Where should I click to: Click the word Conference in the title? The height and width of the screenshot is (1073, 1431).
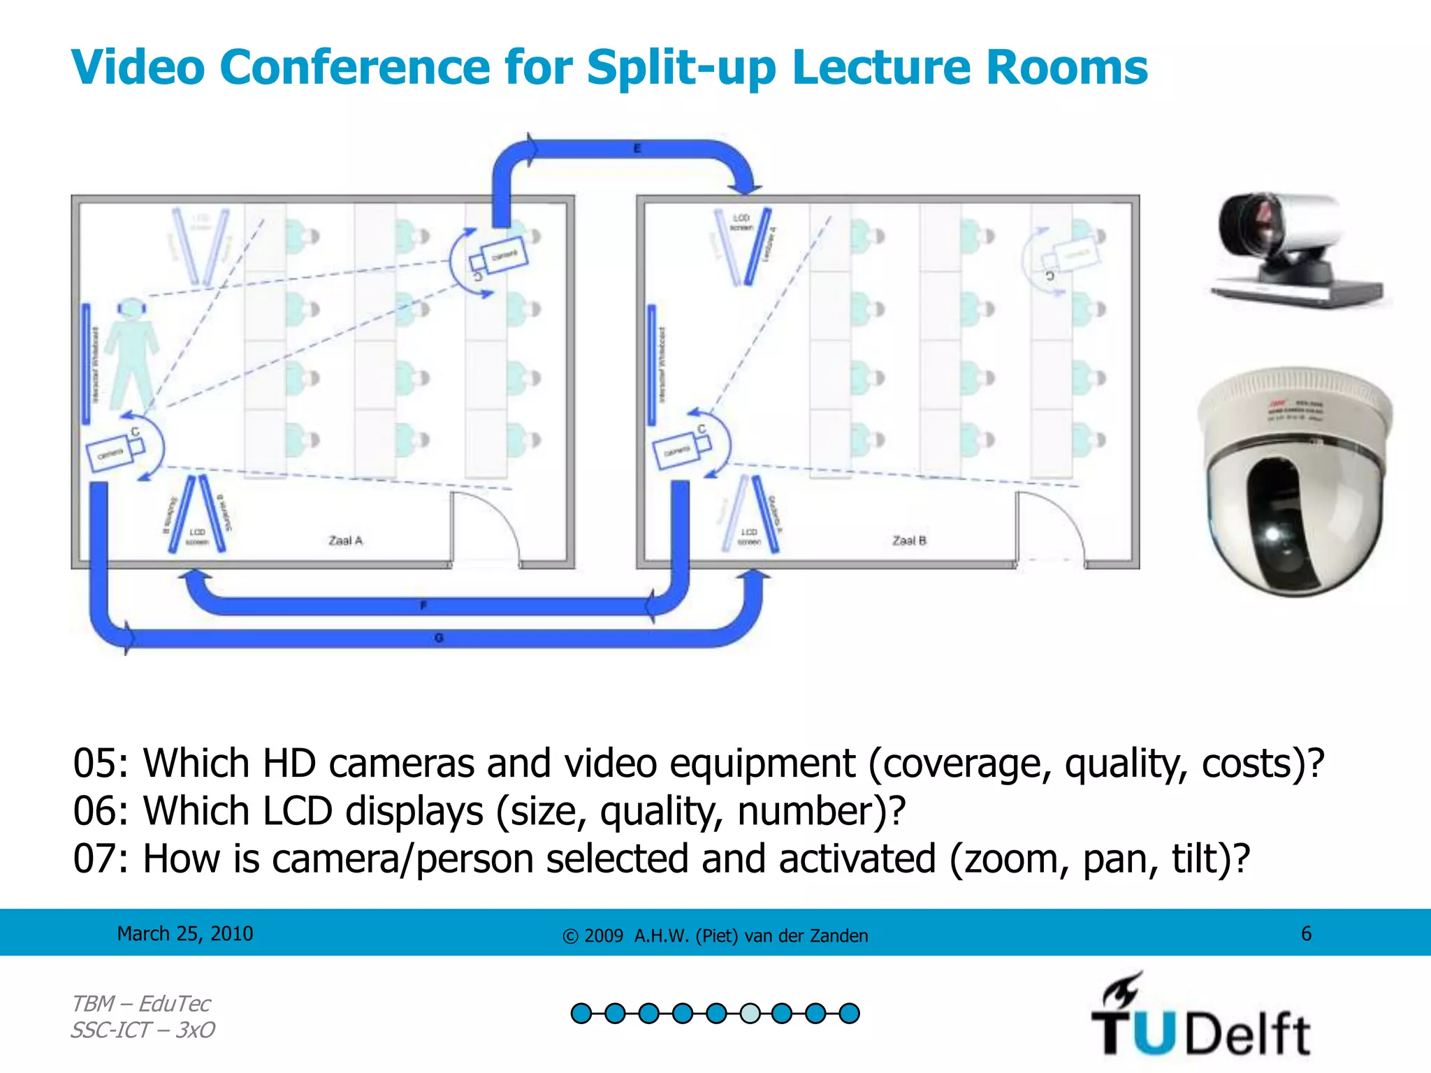tap(354, 68)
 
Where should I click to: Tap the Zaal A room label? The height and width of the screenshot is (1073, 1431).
tap(345, 541)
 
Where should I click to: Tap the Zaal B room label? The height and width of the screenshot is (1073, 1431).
tap(909, 541)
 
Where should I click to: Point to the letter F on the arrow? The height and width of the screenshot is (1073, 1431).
tap(423, 606)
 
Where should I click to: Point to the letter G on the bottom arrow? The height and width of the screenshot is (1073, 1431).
tap(439, 638)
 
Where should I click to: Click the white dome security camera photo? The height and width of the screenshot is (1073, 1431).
tap(1295, 482)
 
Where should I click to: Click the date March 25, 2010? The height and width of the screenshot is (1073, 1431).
tap(185, 934)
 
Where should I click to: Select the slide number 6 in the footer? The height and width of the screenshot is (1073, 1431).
tap(1306, 934)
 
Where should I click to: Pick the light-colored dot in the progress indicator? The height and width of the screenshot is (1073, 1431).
tap(750, 1013)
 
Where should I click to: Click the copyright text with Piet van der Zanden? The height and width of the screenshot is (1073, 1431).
tap(715, 936)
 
